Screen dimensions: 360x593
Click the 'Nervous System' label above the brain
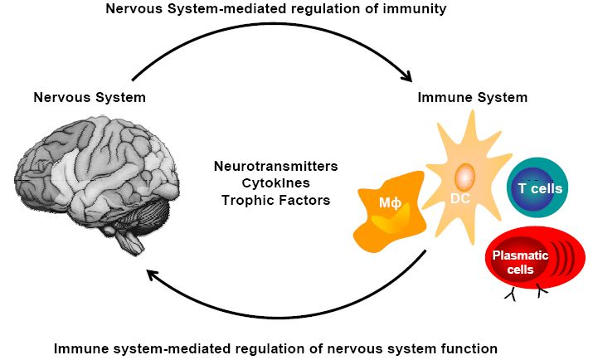[90, 97]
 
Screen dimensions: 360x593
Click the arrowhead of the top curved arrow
[406, 77]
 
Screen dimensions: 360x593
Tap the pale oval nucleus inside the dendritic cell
[464, 176]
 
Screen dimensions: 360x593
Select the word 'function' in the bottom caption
[467, 348]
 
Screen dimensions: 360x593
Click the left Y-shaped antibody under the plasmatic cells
[507, 294]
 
